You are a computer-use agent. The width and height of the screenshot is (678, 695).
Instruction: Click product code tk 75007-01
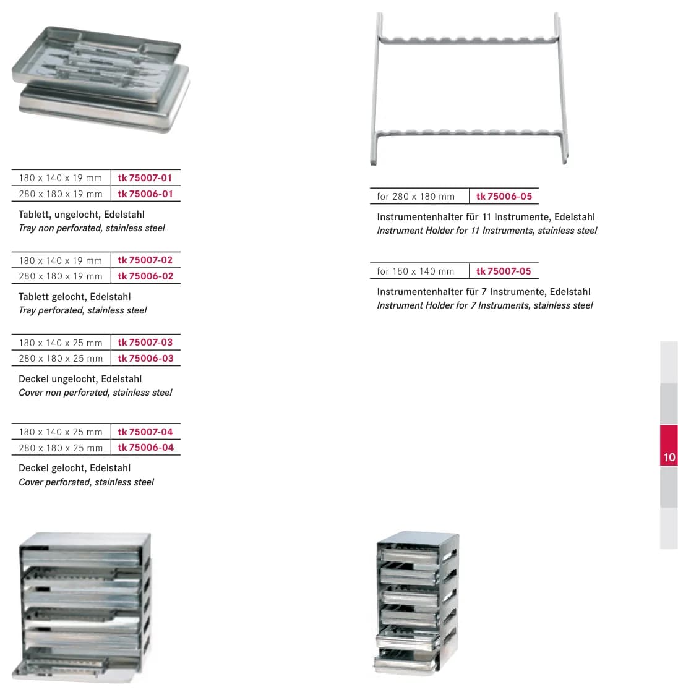coord(145,177)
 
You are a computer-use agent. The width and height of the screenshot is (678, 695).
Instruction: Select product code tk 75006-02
coord(145,276)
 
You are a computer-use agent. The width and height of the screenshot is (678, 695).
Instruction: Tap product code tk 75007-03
coord(145,342)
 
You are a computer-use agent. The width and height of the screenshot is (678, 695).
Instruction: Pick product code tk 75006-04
coord(145,448)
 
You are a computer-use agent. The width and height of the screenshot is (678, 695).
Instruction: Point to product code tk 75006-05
coord(504,197)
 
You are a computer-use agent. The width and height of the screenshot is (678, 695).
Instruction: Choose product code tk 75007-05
coord(504,271)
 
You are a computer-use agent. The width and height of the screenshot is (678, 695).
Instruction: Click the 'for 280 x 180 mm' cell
coord(416,197)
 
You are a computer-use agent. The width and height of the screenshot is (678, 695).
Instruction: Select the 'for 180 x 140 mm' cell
coord(416,271)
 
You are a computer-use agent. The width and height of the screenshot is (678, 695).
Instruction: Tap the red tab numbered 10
coord(669,445)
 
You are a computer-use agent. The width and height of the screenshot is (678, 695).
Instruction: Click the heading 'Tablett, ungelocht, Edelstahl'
coord(82,215)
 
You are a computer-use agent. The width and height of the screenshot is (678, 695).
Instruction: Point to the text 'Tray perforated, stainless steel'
coord(82,310)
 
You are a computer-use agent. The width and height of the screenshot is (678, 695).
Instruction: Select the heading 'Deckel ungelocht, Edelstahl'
coord(80,379)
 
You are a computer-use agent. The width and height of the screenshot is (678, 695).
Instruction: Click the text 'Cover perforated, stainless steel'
coord(86,482)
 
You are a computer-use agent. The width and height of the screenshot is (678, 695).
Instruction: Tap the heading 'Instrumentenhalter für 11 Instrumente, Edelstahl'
coord(486,217)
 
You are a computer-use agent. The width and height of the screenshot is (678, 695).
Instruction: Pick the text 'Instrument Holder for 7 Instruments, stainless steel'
coord(484,305)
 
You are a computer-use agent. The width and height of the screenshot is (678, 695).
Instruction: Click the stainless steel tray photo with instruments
coord(101,79)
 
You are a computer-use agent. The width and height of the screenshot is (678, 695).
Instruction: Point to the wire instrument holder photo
coord(469,88)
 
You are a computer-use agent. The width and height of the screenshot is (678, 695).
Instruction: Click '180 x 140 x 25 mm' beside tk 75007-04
coord(61,432)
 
